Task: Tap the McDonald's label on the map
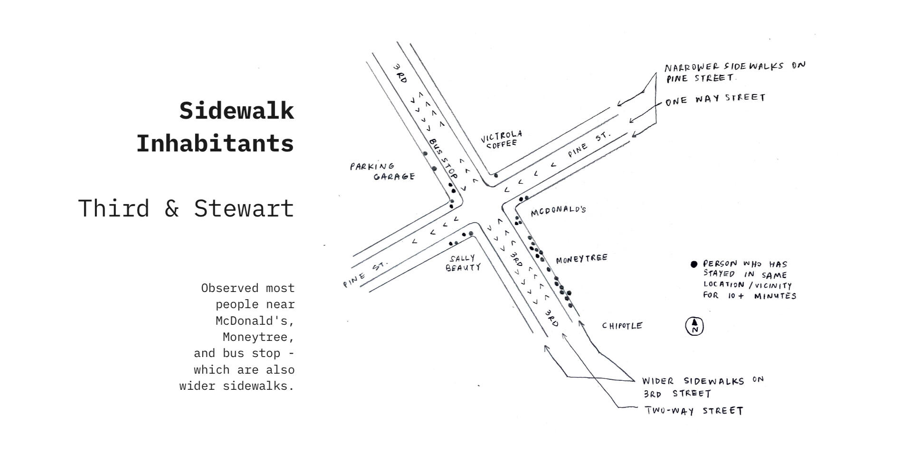(558, 211)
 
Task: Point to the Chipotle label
(622, 326)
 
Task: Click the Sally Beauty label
(463, 263)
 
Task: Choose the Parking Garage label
(382, 171)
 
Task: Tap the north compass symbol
(694, 326)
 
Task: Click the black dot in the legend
(694, 264)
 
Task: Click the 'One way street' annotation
(715, 99)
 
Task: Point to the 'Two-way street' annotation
(694, 411)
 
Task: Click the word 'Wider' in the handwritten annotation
(658, 381)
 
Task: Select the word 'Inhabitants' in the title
(215, 143)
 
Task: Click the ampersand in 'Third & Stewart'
(171, 208)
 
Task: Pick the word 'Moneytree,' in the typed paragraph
(258, 337)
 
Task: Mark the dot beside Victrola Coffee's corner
(496, 176)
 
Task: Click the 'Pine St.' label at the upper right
(588, 144)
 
